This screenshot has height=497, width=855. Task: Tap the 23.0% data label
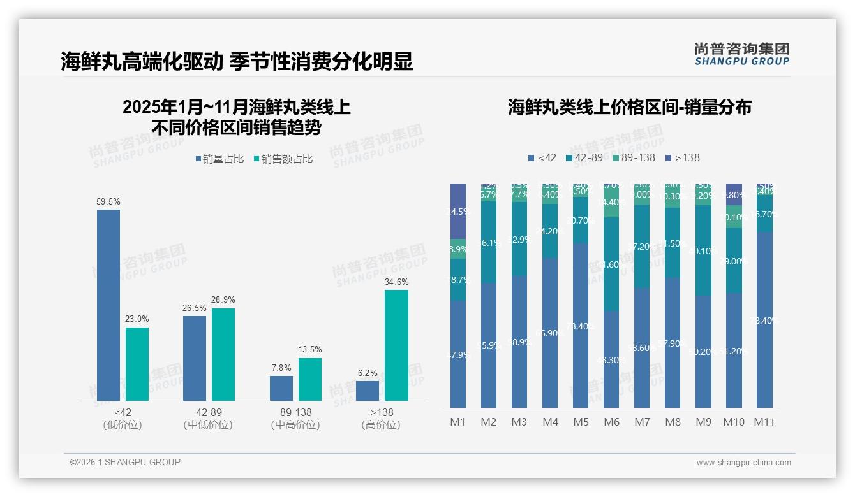(137, 319)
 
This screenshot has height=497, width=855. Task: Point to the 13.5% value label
(310, 350)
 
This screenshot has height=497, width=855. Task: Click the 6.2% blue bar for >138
(368, 391)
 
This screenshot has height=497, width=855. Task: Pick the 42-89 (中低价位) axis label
(208, 419)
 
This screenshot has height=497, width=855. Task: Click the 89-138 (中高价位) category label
(295, 419)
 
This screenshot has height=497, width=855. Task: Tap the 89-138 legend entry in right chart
(633, 157)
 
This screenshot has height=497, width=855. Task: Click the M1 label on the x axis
(458, 422)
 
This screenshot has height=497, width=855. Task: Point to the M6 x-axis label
(611, 422)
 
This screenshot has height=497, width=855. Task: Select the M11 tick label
(764, 422)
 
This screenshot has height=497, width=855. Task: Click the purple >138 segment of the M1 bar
(458, 211)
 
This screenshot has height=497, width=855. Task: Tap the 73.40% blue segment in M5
(581, 325)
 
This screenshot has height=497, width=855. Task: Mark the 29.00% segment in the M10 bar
(734, 261)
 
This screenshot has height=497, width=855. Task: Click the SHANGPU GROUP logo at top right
(741, 54)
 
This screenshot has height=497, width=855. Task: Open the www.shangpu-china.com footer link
(743, 463)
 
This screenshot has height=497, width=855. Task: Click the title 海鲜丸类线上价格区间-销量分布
(629, 107)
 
